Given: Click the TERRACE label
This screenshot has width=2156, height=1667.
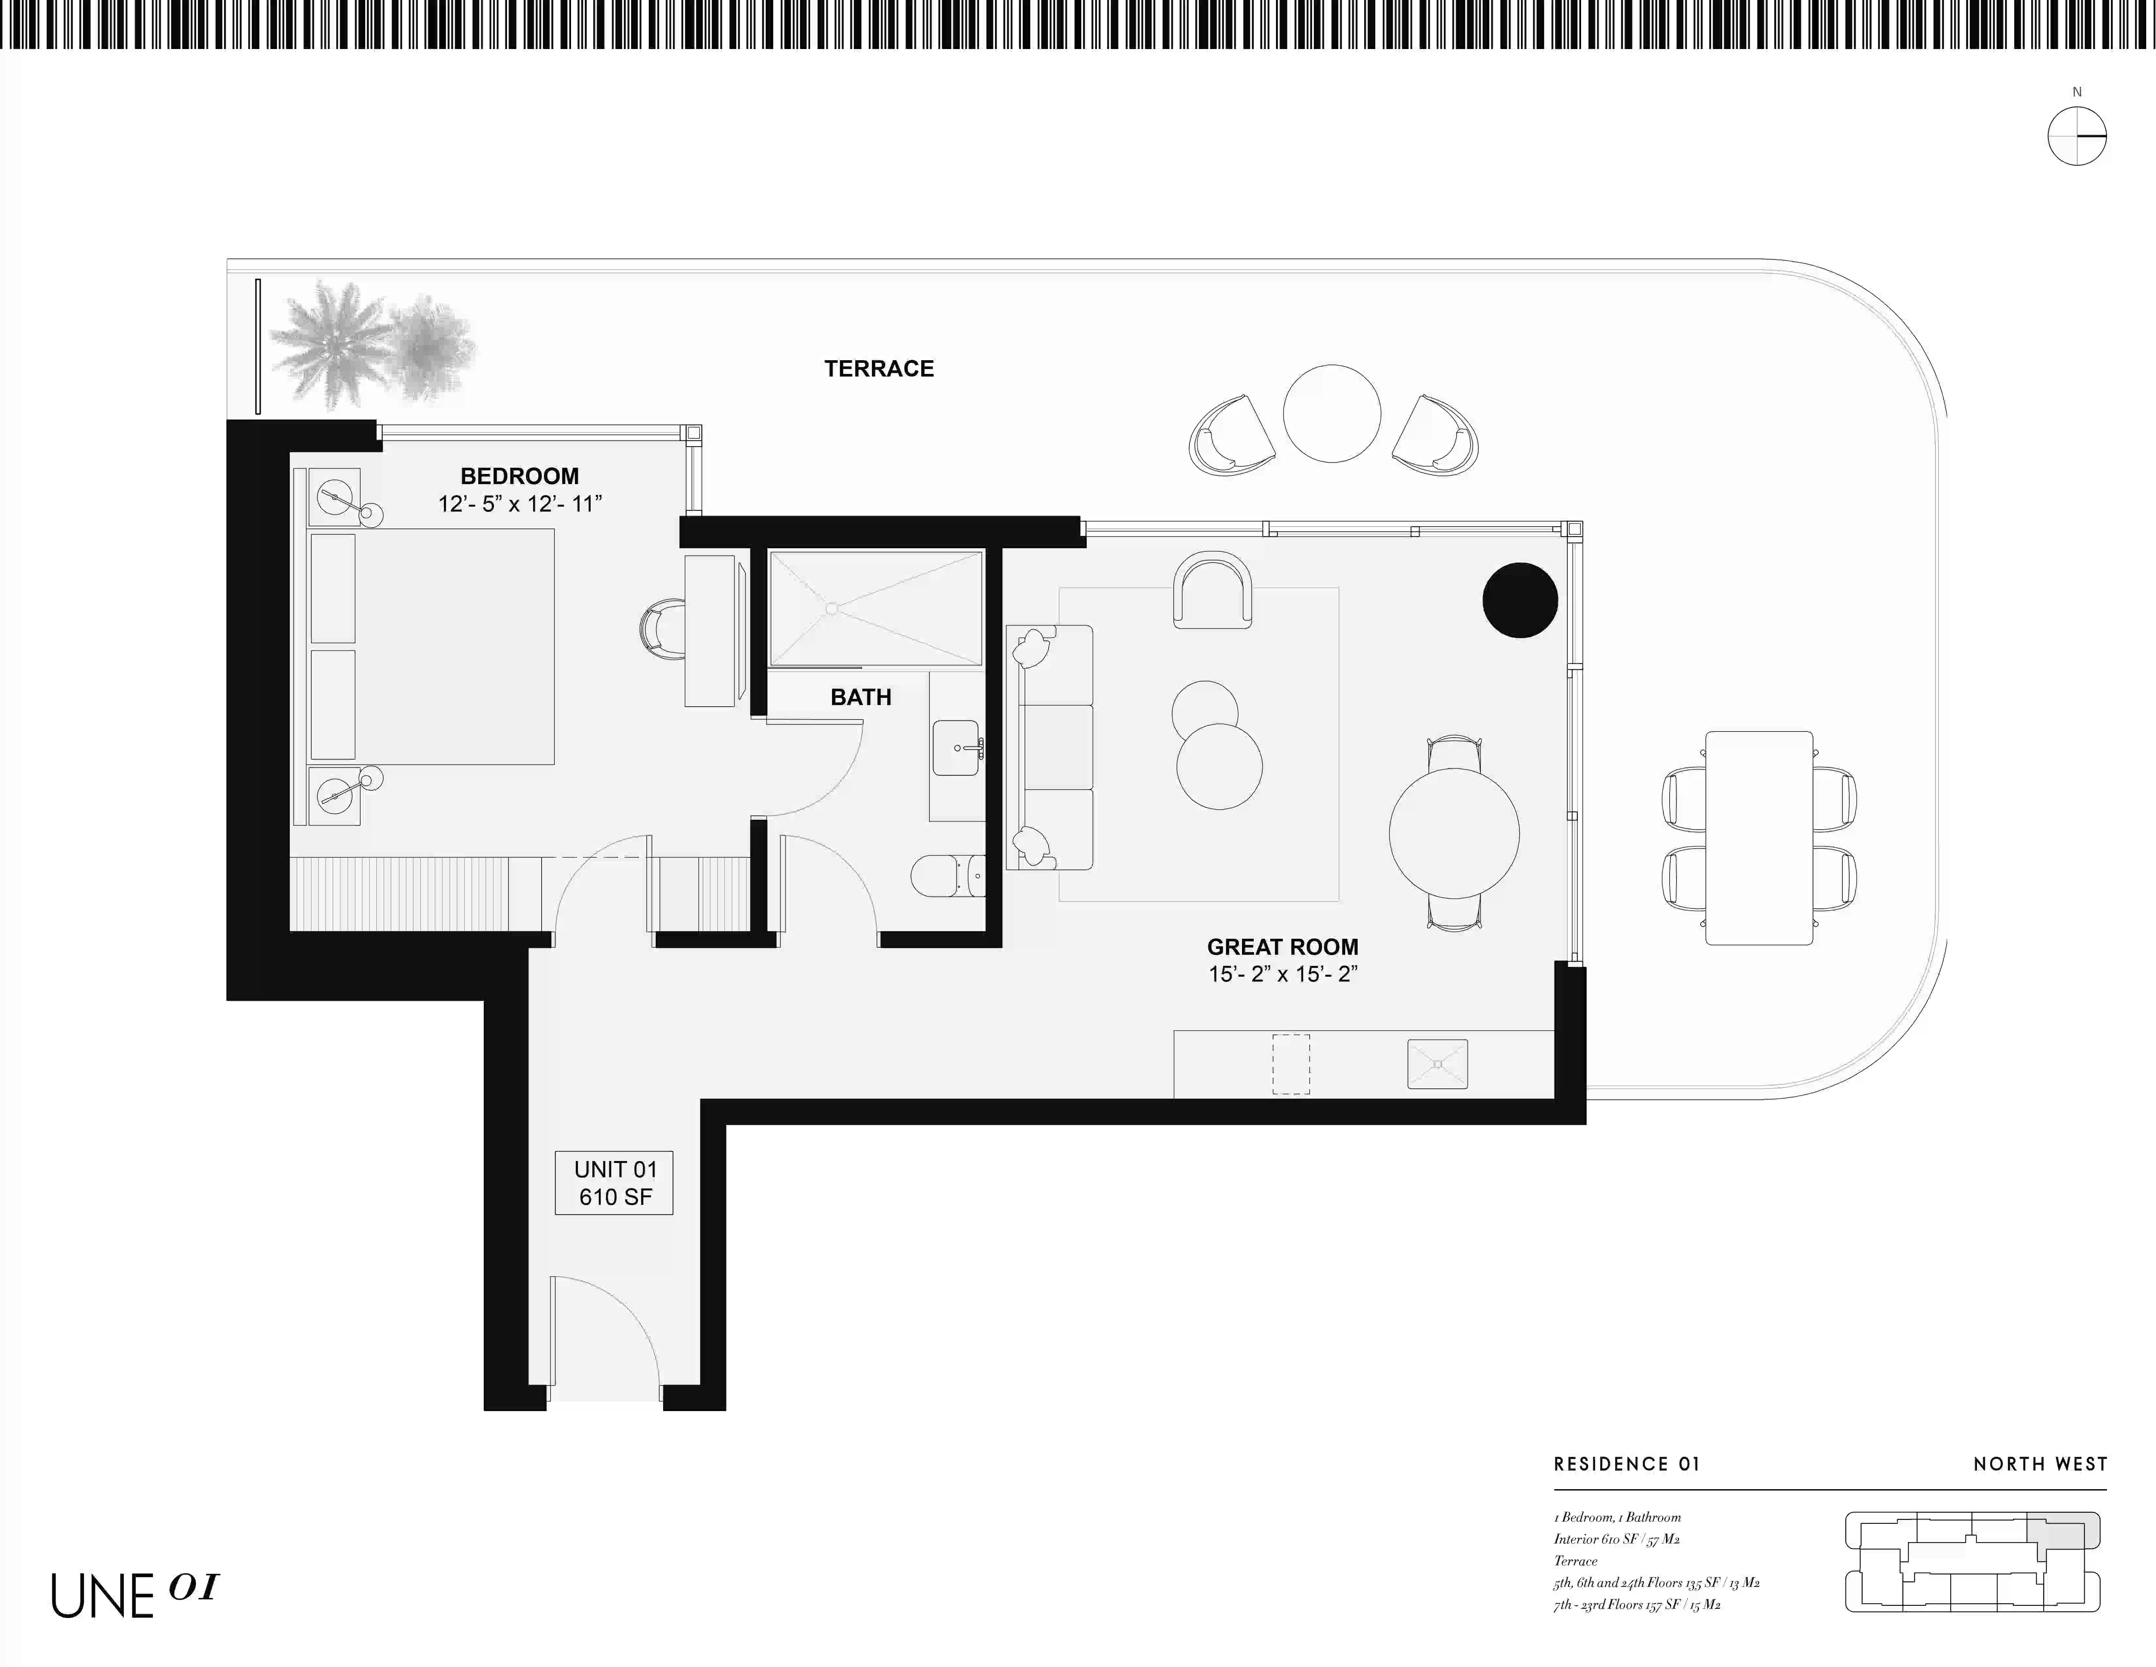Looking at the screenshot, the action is tap(879, 368).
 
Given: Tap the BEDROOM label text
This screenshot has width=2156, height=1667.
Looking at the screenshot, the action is tap(519, 476).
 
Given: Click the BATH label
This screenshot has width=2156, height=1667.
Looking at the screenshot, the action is tap(861, 697).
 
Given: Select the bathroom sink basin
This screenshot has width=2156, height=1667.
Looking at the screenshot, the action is tap(957, 748).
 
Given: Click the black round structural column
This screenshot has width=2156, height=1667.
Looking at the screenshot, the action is tap(1520, 599).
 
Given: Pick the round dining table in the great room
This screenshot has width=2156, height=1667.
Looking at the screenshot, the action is tap(1454, 833).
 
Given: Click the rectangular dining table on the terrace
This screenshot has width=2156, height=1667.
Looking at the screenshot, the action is tap(1759, 837).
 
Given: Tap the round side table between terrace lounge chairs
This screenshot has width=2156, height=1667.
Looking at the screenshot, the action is tap(1332, 413).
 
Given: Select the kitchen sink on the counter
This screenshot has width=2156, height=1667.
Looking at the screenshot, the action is tap(1437, 1064).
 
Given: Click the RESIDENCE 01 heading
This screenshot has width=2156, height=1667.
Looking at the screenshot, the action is tap(1627, 1465).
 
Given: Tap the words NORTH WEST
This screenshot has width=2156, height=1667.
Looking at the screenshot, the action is tap(2040, 1465).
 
